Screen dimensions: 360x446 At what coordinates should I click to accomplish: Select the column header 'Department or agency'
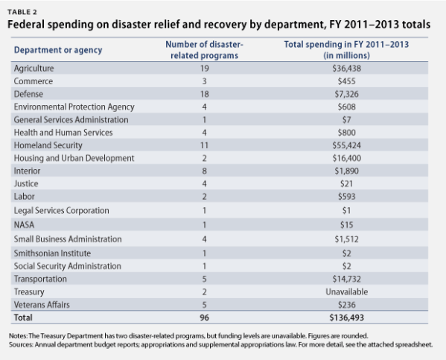[57, 51]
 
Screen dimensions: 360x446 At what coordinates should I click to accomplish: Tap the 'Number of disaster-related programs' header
[204, 51]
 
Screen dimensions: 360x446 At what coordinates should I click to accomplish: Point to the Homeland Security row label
[48, 146]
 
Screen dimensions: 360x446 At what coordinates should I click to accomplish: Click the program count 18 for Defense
[203, 94]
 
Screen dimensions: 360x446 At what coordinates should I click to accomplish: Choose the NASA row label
[25, 226]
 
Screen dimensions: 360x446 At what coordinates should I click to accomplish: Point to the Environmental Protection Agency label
[73, 107]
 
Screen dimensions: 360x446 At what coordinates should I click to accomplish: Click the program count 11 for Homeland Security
[203, 146]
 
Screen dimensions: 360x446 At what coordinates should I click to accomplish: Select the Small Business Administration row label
[67, 239]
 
